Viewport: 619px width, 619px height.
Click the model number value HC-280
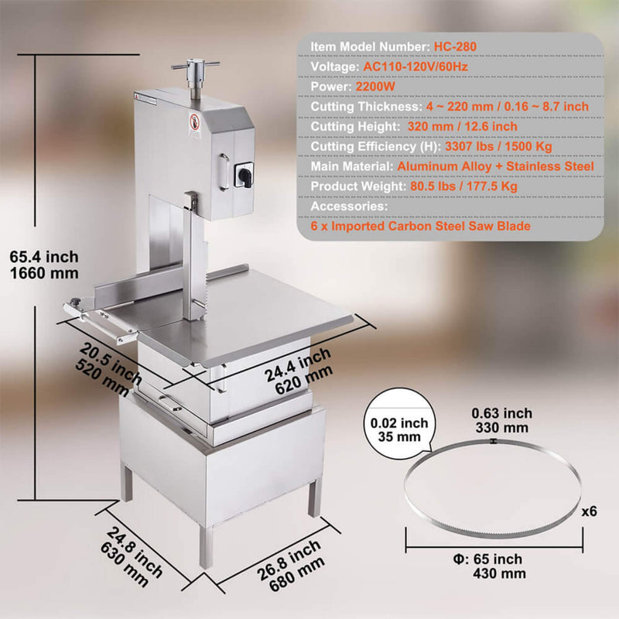(x=455, y=46)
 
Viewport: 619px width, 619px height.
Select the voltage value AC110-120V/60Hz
(x=419, y=67)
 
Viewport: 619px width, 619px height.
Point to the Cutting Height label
(x=353, y=126)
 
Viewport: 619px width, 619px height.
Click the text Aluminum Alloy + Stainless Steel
(x=496, y=166)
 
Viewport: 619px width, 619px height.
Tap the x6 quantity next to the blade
(x=590, y=511)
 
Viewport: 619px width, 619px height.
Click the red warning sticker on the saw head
(x=194, y=122)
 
